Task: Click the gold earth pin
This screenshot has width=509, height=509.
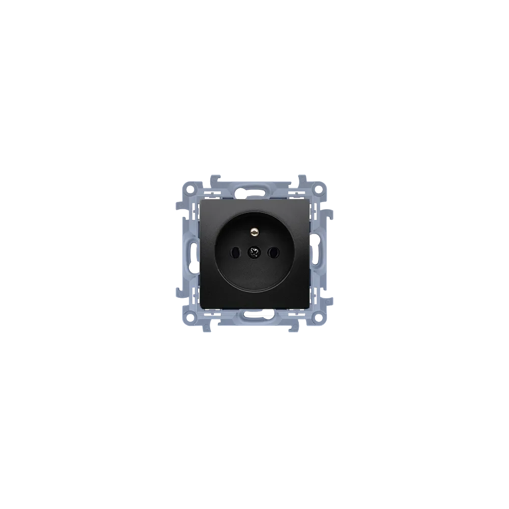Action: (x=254, y=235)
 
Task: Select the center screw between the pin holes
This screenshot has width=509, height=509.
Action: (x=254, y=251)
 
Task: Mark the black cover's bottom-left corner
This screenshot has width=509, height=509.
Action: (x=202, y=307)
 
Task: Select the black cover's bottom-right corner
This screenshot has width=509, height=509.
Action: (x=307, y=307)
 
